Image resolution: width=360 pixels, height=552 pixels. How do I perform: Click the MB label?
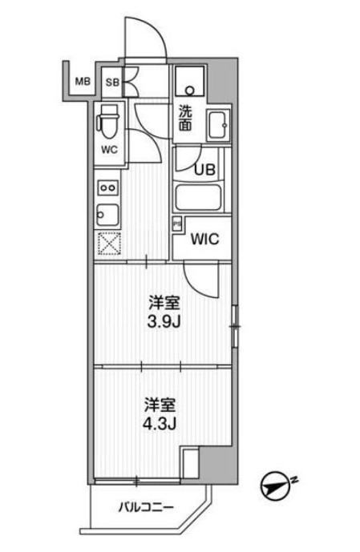coord(82,81)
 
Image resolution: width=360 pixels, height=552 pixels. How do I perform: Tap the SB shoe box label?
coord(112,82)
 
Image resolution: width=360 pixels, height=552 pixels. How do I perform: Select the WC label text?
coord(109,149)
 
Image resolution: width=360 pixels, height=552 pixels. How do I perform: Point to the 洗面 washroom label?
coord(186,119)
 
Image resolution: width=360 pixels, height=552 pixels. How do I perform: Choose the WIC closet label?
coord(206,239)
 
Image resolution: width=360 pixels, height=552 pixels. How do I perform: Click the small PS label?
coord(177,224)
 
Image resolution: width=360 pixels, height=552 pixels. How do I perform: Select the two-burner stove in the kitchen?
coord(107,187)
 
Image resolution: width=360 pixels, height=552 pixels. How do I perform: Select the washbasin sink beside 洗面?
coord(217,125)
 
